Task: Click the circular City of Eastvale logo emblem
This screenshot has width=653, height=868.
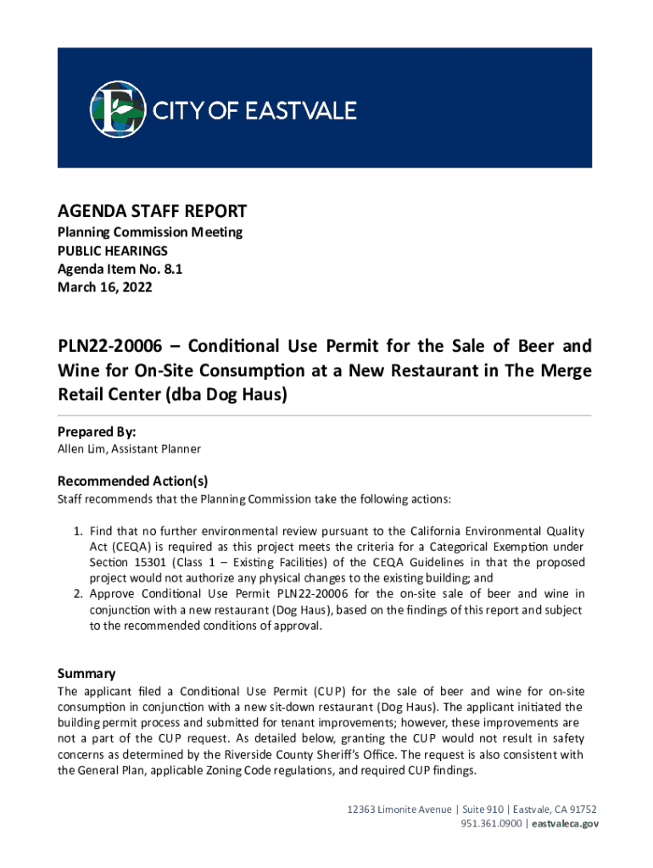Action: pyautogui.click(x=118, y=108)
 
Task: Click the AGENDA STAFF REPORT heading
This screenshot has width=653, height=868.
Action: pyautogui.click(x=152, y=211)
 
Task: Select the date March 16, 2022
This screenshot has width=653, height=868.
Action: pyautogui.click(x=104, y=287)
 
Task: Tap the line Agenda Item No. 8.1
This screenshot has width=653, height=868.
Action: pyautogui.click(x=120, y=269)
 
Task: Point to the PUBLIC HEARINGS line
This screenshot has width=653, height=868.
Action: pyautogui.click(x=112, y=250)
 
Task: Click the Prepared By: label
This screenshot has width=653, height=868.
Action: pyautogui.click(x=97, y=431)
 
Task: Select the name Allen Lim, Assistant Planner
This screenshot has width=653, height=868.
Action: pyautogui.click(x=129, y=448)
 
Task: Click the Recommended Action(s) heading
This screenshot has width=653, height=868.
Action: pyautogui.click(x=132, y=480)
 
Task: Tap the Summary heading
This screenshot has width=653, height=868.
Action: pyautogui.click(x=87, y=673)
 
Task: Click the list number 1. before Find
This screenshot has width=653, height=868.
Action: pyautogui.click(x=77, y=531)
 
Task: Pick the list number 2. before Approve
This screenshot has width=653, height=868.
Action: pyautogui.click(x=77, y=593)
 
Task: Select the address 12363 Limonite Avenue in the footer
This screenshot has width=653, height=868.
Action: pyautogui.click(x=399, y=809)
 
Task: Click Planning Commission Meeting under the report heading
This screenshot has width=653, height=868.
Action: pyautogui.click(x=149, y=231)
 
